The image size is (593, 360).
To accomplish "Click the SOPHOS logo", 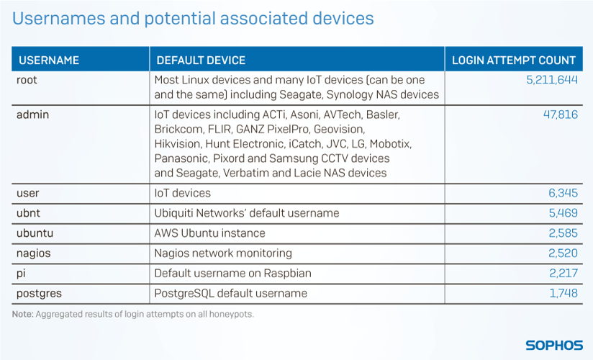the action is tap(554, 345).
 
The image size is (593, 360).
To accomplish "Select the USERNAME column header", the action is tap(49, 60).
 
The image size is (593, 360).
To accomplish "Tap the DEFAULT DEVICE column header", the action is tap(201, 60).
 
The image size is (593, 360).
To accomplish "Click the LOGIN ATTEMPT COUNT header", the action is tap(514, 60).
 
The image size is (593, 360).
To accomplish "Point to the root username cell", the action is tap(27, 80).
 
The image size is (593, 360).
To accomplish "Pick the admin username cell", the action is tap(32, 114).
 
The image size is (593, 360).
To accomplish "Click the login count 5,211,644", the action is tap(552, 80).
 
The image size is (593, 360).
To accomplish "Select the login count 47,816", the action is tap(561, 114).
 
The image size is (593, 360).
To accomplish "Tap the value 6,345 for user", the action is tap(563, 193).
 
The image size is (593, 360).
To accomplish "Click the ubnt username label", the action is tap(28, 212).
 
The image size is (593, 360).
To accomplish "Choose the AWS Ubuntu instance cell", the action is tap(209, 233).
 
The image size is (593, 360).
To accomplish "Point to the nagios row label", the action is tap(33, 253).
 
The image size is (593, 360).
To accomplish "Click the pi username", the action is tap(21, 274).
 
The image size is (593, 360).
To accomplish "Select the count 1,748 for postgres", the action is tap(563, 293).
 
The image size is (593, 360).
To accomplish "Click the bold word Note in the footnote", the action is tap(23, 314).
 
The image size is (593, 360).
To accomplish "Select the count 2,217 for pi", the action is tap(563, 274).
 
